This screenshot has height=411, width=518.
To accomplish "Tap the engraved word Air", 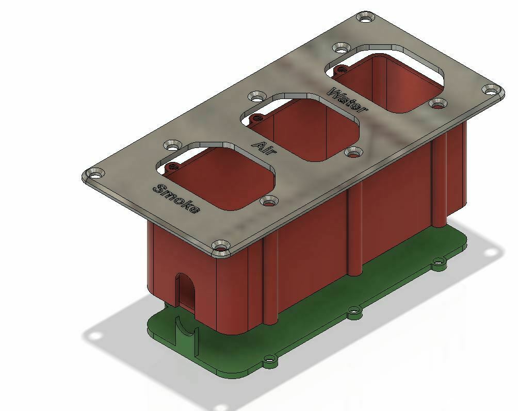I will click(x=265, y=146).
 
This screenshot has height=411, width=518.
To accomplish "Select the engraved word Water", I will click(x=349, y=100).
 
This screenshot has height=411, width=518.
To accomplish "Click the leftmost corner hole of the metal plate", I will click(x=93, y=175).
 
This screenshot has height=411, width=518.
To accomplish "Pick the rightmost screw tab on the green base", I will click(x=439, y=263).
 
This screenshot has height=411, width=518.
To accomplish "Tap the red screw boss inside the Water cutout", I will click(x=341, y=70).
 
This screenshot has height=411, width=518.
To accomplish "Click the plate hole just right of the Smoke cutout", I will click(x=269, y=202).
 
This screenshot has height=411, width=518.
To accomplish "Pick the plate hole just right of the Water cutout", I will click(x=438, y=105).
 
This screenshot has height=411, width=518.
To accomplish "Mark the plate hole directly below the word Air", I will click(x=353, y=152).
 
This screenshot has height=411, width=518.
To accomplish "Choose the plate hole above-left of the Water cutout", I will click(x=340, y=48).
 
